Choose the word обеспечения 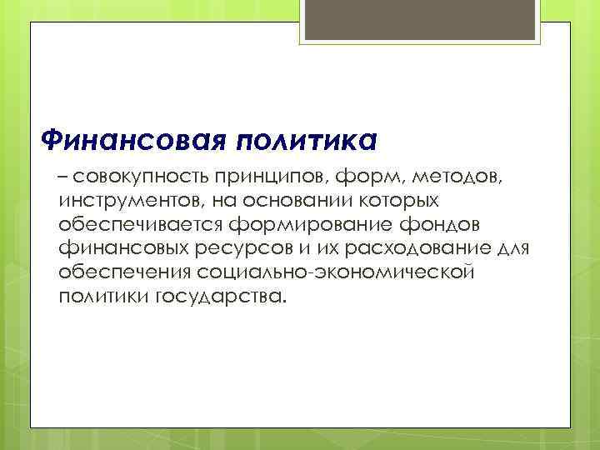click(125, 274)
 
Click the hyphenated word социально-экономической click(336, 274)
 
